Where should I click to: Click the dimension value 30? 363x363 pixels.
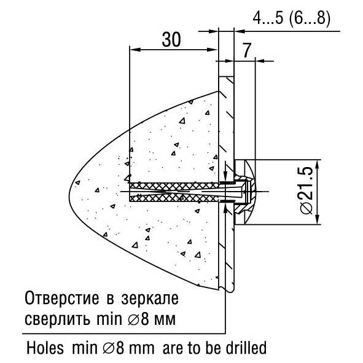coord(171,39)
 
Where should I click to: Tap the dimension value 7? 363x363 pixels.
coord(247,50)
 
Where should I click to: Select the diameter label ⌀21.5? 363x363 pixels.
coord(306,190)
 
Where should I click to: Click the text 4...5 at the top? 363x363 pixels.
coord(268,18)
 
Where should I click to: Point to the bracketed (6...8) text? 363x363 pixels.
coord(310,18)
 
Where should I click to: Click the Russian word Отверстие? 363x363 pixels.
coord(62,299)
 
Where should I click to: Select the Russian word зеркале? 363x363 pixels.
coord(150,299)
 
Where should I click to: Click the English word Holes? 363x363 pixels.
coord(45,348)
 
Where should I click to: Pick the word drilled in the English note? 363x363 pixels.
coord(248,348)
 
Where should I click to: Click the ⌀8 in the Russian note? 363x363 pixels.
coord(138,319)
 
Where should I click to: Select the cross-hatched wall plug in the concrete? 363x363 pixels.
coord(174,192)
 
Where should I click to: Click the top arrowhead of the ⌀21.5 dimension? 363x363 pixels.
coord(317,165)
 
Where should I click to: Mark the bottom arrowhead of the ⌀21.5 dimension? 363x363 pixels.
coord(317,219)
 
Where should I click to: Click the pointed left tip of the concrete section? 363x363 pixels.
coord(69,192)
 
